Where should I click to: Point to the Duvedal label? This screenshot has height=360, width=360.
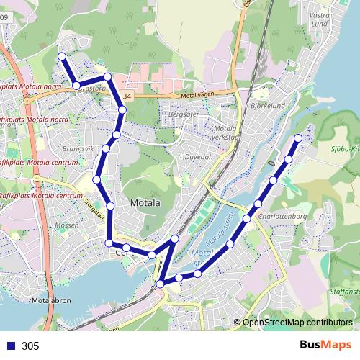point(197,156)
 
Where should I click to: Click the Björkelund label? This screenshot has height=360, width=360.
point(269,105)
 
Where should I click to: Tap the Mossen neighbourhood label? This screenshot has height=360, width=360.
point(66,225)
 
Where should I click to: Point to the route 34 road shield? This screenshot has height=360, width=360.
point(127,95)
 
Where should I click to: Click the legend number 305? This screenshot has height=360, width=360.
point(30,346)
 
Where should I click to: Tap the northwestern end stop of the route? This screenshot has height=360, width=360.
point(62,56)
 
